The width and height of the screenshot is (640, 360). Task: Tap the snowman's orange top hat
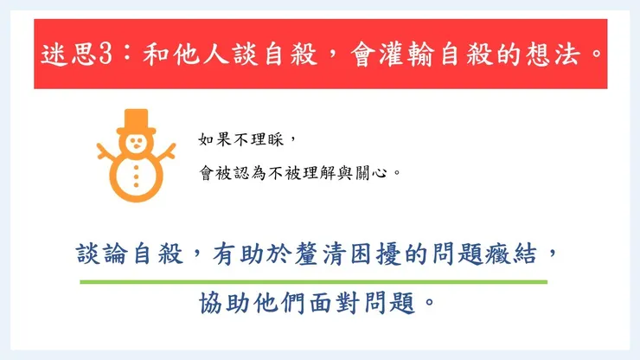point(136,122)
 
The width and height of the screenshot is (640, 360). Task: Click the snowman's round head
point(136,144)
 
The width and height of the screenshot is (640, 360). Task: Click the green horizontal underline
point(313,282)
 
